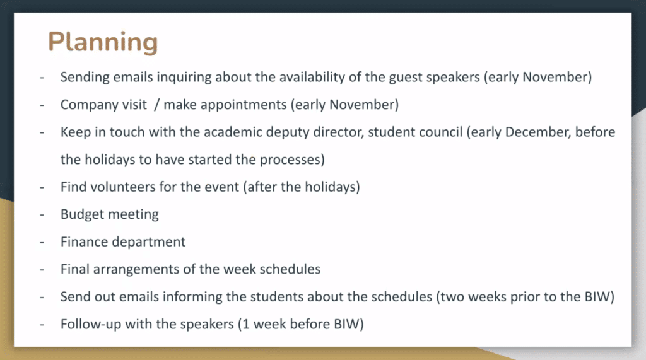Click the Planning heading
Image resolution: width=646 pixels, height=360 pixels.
pyautogui.click(x=103, y=42)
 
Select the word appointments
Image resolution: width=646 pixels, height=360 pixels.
pyautogui.click(x=244, y=105)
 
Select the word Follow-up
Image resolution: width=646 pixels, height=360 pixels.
pyautogui.click(x=91, y=325)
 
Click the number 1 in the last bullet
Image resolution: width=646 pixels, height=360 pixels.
pyautogui.click(x=247, y=324)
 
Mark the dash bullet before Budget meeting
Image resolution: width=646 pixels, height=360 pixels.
pyautogui.click(x=42, y=214)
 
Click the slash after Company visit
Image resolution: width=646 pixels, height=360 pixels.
pyautogui.click(x=156, y=105)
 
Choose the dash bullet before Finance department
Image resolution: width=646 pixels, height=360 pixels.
pyautogui.click(x=42, y=242)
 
